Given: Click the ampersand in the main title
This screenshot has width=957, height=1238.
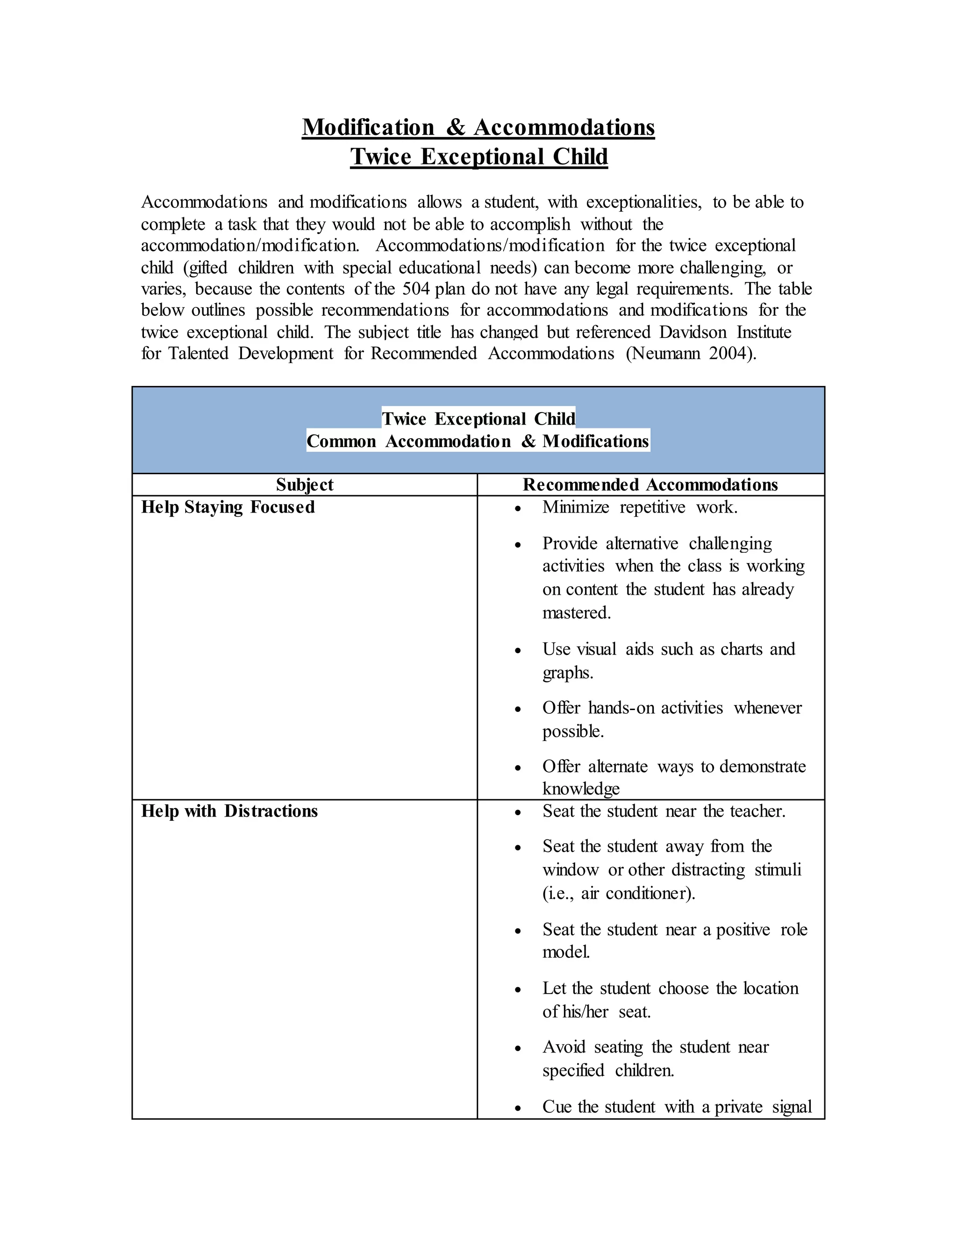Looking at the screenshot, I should pyautogui.click(x=455, y=128).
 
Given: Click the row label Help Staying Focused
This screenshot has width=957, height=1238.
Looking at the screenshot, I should pyautogui.click(x=228, y=507).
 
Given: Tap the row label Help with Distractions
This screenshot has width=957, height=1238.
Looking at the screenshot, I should pyautogui.click(x=229, y=811).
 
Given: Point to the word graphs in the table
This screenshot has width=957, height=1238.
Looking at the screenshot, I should pyautogui.click(x=566, y=673).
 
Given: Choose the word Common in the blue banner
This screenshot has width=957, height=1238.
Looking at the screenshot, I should pyautogui.click(x=341, y=441).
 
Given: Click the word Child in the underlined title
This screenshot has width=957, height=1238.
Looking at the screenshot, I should pyautogui.click(x=579, y=157).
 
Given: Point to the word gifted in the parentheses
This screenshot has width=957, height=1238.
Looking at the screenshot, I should pyautogui.click(x=207, y=268).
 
